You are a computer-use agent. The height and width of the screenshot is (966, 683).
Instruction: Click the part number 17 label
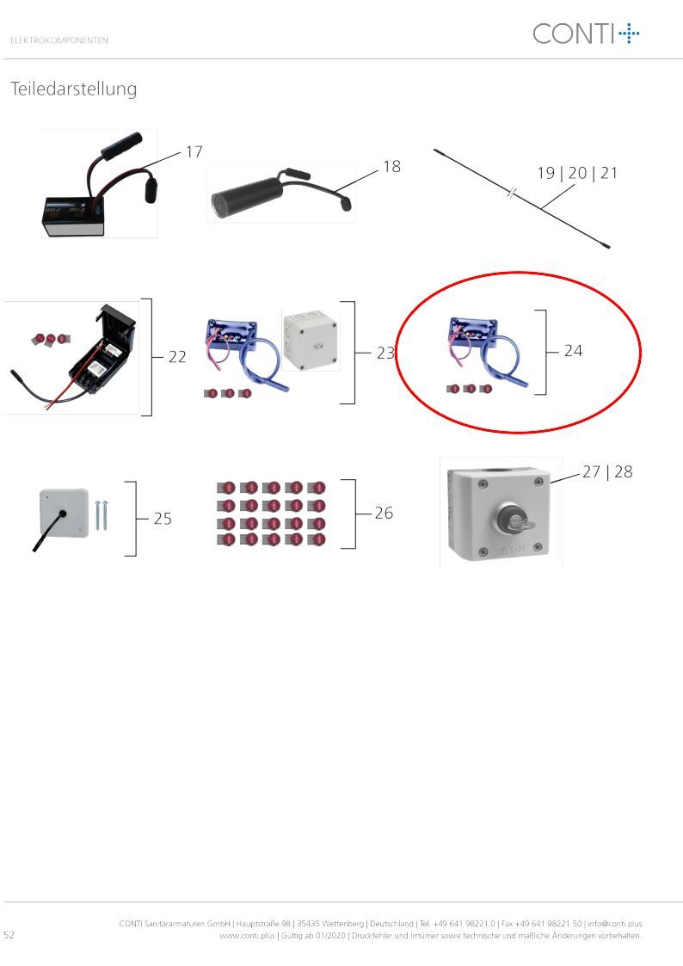[x=194, y=151]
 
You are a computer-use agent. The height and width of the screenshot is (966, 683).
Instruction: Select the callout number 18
[x=391, y=166]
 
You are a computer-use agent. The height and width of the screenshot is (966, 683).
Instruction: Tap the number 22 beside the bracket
[x=177, y=357]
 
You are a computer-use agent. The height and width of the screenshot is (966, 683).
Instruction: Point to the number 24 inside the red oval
[x=574, y=351]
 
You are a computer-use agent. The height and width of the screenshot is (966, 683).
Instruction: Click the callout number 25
[x=163, y=519]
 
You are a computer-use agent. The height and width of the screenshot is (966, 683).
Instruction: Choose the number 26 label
[x=384, y=513]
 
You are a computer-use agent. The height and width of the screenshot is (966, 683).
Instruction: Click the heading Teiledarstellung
[x=74, y=89]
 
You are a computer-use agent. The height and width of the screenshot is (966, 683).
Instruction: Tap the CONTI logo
[x=586, y=34]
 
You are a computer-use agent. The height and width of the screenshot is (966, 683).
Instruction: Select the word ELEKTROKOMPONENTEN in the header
[x=59, y=40]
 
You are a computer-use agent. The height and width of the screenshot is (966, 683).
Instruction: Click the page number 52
[x=9, y=934]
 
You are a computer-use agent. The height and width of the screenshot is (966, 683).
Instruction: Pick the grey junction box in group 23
[x=311, y=340]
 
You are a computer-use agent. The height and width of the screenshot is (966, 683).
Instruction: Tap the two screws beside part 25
[x=101, y=515]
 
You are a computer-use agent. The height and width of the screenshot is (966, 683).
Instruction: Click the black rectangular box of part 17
[x=72, y=217]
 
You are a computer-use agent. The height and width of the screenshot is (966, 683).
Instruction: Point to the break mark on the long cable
[x=511, y=193]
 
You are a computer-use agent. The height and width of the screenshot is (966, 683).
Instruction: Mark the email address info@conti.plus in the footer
[x=615, y=924]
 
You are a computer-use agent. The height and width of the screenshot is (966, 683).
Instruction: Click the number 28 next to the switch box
[x=624, y=472]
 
